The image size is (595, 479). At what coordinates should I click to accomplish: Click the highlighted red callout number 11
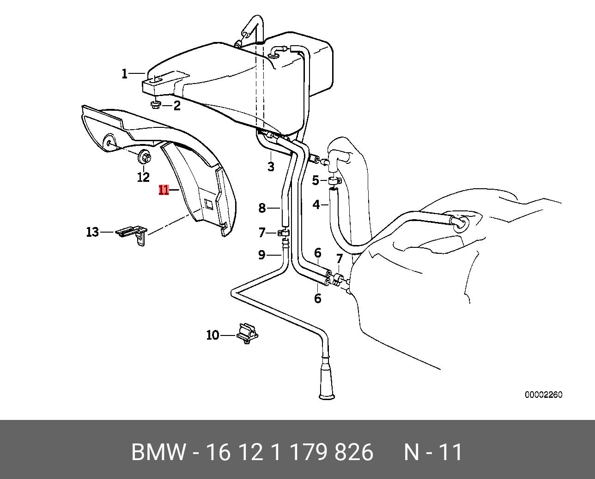(164, 190)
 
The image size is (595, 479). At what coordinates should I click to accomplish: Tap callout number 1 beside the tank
(124, 73)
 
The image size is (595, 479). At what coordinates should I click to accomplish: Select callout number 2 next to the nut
(177, 106)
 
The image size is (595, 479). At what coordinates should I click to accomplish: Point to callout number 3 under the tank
(271, 167)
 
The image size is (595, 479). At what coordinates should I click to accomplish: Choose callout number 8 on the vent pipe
(262, 208)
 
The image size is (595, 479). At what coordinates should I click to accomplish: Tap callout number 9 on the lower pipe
(261, 255)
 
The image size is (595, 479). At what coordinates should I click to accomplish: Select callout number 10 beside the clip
(212, 335)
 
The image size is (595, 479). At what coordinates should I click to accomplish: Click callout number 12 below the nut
(143, 177)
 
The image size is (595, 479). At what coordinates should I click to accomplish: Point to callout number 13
(92, 232)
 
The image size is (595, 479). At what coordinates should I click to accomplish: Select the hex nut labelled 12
(143, 158)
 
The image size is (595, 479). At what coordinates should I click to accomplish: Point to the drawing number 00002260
(543, 395)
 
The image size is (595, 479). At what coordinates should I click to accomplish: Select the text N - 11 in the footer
(433, 453)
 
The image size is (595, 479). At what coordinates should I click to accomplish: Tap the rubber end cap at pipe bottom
(327, 383)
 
